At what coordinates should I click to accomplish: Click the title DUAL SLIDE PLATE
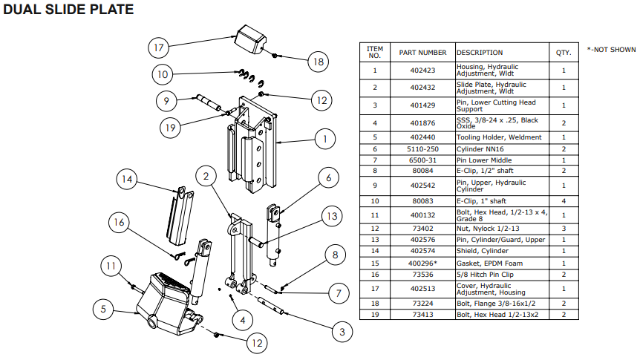[69, 10]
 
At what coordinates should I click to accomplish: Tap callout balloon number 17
[157, 48]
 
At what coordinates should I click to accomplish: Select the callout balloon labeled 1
[324, 138]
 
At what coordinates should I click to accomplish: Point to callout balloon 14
[128, 179]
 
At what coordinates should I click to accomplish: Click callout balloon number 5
[104, 308]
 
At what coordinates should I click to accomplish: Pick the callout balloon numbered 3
[341, 331]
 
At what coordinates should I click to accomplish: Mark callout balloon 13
[330, 216]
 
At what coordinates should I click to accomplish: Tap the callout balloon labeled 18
[318, 62]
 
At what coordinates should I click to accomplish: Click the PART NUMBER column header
[422, 53]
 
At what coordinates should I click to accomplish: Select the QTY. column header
[564, 53]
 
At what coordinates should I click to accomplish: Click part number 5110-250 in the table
[422, 149]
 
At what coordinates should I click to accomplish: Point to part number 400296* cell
[422, 264]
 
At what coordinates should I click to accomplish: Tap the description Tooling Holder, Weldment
[498, 137]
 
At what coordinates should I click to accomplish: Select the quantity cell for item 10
[564, 200]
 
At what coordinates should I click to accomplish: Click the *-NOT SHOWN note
[611, 50]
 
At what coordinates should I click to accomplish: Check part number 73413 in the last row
[422, 315]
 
